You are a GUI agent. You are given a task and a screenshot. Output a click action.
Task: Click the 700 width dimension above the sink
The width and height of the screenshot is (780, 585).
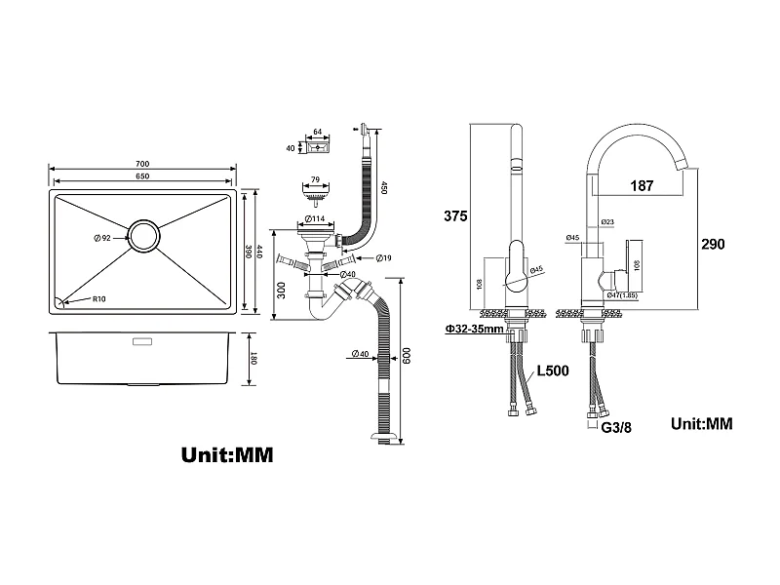[x=142, y=163]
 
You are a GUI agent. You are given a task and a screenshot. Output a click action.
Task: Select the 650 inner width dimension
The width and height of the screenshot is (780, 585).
[x=142, y=175]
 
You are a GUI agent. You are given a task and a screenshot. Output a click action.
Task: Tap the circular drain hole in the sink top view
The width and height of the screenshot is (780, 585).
[x=146, y=236]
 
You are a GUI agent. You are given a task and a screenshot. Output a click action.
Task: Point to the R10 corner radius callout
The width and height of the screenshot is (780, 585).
[x=98, y=299]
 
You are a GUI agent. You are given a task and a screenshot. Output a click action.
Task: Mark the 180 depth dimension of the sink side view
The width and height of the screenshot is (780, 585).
[x=253, y=359]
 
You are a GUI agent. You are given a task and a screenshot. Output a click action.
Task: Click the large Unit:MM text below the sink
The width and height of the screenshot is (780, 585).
[x=227, y=455]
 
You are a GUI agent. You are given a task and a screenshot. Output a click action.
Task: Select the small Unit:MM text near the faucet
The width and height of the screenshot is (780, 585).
[x=702, y=424]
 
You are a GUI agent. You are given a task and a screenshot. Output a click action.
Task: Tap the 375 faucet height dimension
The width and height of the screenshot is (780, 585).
[x=456, y=215]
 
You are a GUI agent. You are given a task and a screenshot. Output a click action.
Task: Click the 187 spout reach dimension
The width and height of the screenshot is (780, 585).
[x=642, y=185]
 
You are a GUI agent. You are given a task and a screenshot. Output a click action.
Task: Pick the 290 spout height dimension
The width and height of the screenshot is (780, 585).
[x=713, y=244]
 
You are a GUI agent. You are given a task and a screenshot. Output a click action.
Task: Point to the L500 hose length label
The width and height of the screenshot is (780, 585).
[x=553, y=371]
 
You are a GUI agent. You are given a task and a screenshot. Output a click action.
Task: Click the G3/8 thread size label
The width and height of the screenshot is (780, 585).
[x=613, y=426]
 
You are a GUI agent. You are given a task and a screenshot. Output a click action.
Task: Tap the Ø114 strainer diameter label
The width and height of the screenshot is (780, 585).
[x=314, y=218]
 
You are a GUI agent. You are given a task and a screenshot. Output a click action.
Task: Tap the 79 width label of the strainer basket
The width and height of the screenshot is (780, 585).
[x=314, y=179]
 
